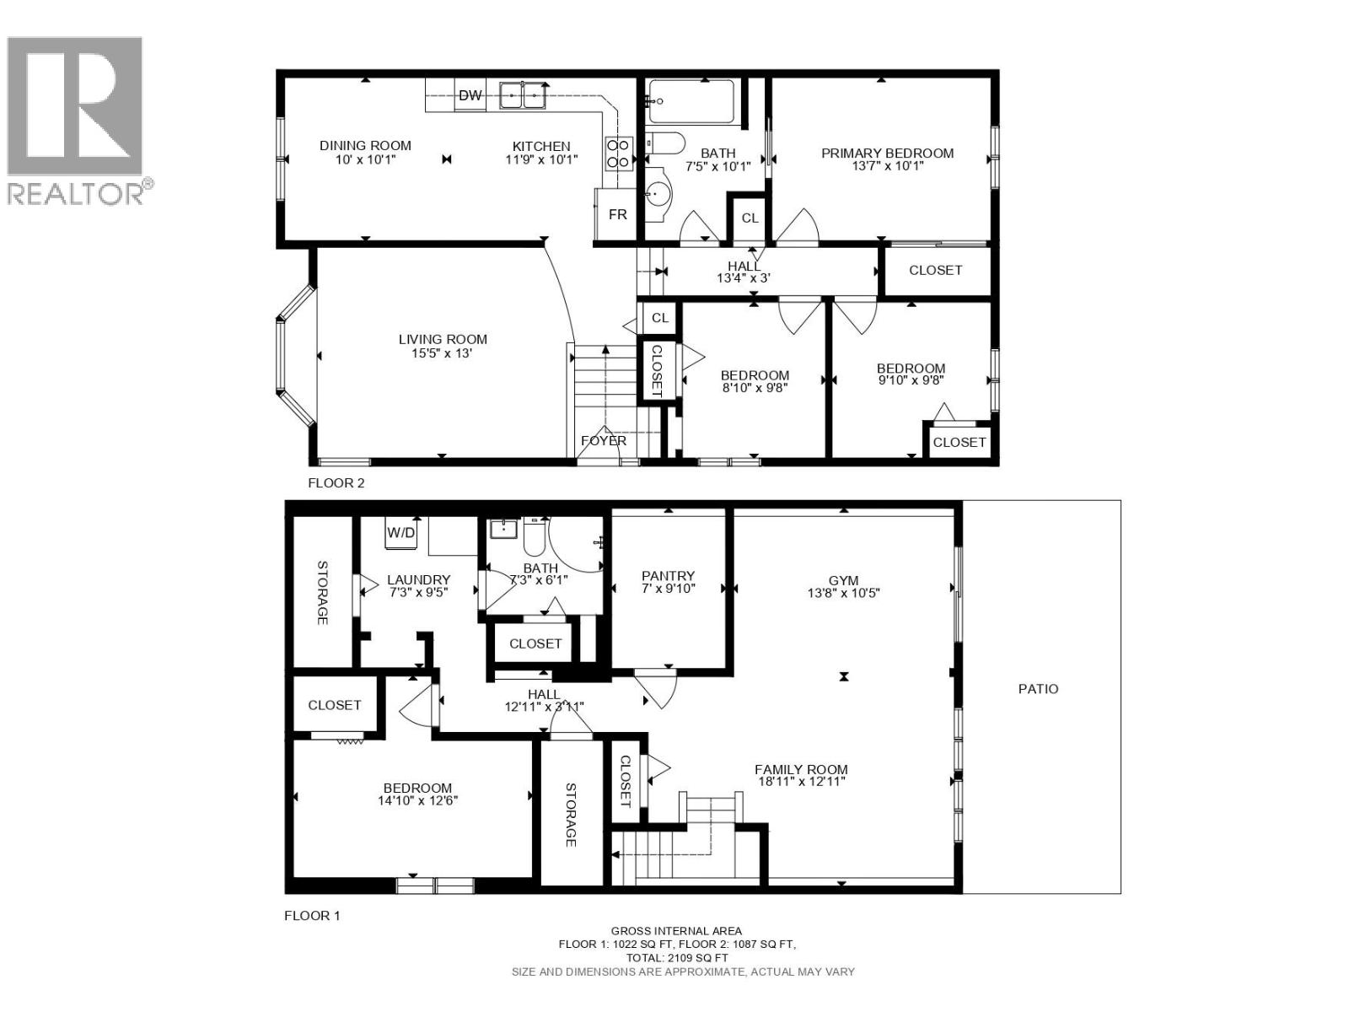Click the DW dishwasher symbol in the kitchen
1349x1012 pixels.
coord(470,95)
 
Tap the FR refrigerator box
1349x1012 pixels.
coord(617,214)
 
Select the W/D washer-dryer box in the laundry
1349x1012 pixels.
coord(401,533)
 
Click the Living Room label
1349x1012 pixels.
coord(443,339)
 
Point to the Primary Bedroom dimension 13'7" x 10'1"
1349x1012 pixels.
coord(887,166)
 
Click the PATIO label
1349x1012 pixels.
coord(1038,689)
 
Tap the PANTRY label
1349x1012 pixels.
coord(668,576)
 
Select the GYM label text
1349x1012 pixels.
coord(843,580)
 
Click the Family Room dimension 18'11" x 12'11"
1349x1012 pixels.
coord(801,782)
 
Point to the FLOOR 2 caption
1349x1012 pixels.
coord(336,483)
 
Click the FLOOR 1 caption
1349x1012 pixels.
coord(312,915)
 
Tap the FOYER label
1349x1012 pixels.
coord(604,440)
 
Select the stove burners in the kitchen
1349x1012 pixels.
coord(618,153)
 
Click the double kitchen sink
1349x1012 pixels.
coord(522,94)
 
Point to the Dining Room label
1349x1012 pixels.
coord(365,146)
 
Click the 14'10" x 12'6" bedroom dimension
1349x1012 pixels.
coord(417,800)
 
